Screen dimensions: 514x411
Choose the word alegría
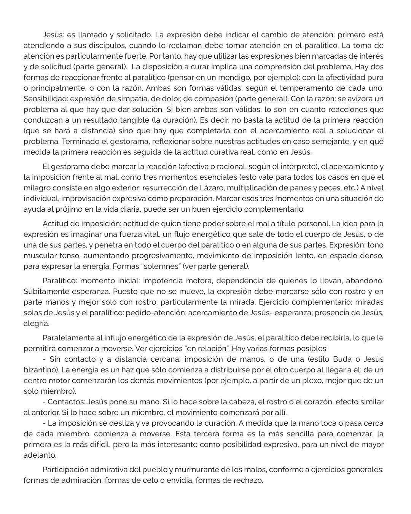point(36,323)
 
